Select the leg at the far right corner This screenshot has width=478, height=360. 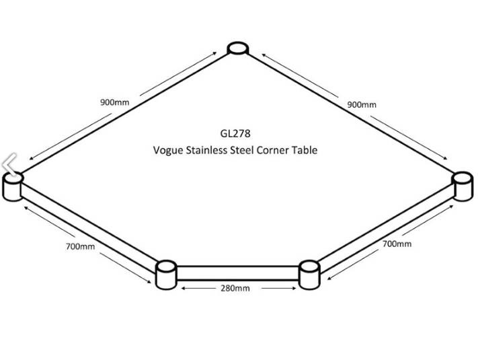point(463,185)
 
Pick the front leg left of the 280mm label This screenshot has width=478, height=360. point(165,275)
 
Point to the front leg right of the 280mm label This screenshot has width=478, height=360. point(309,274)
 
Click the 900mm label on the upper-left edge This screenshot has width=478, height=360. point(114,103)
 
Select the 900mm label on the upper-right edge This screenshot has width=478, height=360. point(362,104)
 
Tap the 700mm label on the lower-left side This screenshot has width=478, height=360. point(80,246)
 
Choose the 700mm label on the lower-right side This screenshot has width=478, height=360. point(397,244)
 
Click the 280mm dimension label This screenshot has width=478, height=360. point(235,288)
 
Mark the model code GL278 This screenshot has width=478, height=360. point(234,134)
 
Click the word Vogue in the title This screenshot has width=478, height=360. point(169,151)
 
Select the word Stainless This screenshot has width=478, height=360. point(212,150)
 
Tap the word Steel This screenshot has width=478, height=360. point(251,150)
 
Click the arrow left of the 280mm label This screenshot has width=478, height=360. point(199,288)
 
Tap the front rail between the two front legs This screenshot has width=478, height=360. point(237,273)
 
